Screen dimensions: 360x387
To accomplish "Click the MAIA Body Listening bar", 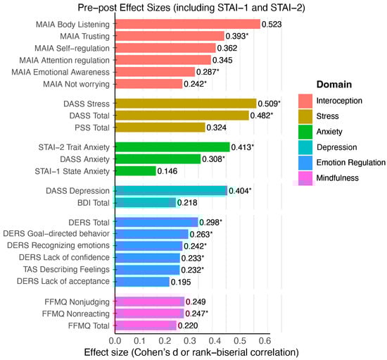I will pos(186,23).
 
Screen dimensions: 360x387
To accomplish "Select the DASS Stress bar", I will pos(184,103).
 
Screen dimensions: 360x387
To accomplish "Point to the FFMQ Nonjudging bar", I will pos(148,302).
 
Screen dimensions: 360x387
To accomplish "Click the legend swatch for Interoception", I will pos(305,100).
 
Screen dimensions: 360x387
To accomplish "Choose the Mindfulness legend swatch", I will pos(305,178).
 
